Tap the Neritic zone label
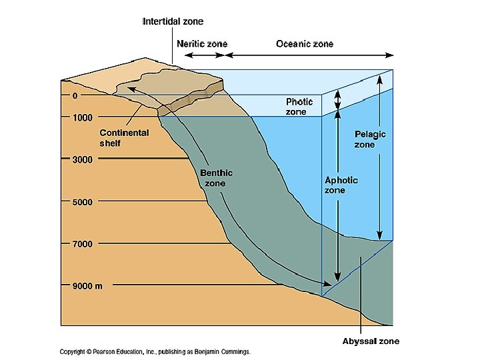coord(202,44)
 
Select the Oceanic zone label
coord(305,44)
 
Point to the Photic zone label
coord(299,107)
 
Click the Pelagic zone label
coord(370,139)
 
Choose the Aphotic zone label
coord(341,185)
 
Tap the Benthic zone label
coord(217,178)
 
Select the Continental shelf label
coord(125,138)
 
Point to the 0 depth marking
coord(75,96)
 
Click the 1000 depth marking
coord(82,118)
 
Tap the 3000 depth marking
coord(82,159)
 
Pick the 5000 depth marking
coord(82,201)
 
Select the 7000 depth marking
coord(82,244)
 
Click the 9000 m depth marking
coord(87,286)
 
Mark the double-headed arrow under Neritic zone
coord(203,55)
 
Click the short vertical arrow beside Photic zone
coord(337,101)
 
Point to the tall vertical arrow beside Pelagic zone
coord(379,157)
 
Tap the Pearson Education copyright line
coord(155,351)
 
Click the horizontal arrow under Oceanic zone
coord(313,55)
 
